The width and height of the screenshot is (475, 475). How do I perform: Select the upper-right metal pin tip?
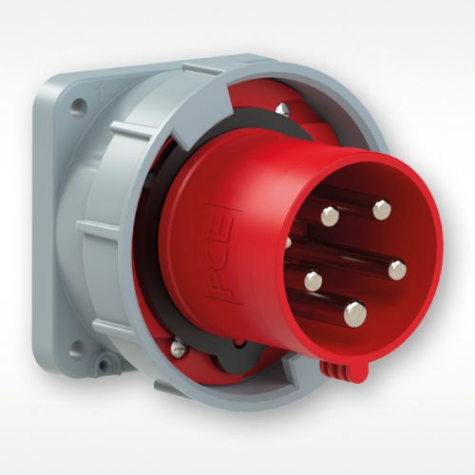[x=382, y=210]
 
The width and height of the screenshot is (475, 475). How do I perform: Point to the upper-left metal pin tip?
[x=330, y=216]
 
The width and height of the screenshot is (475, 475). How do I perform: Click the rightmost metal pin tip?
[x=397, y=269]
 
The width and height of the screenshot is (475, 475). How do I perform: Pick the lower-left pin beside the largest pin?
[x=313, y=279]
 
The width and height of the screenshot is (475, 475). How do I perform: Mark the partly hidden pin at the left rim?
[x=288, y=242]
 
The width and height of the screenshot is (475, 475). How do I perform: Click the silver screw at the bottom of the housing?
[x=178, y=351]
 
